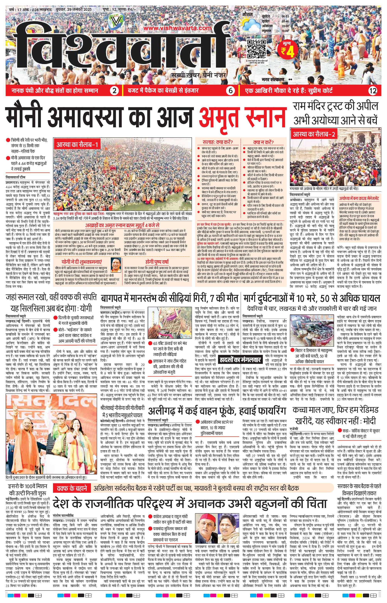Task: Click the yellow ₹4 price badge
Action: click(x=288, y=49)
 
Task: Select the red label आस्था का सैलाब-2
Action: click(x=314, y=134)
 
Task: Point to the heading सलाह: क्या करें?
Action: click(x=218, y=142)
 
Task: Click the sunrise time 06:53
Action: click(x=285, y=16)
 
